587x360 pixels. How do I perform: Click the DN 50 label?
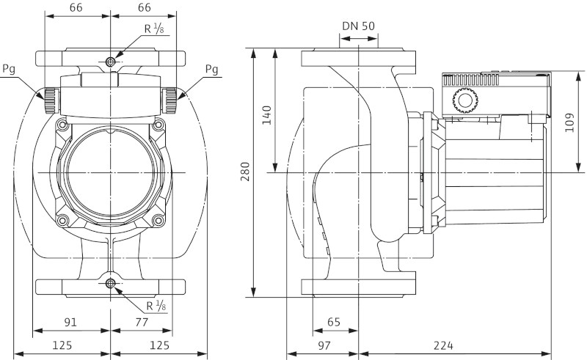point(358,26)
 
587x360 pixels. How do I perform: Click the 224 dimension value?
point(453,345)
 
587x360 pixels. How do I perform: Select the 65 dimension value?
point(334,321)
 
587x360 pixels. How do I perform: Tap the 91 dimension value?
point(70,321)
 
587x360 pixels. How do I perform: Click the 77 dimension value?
point(141,321)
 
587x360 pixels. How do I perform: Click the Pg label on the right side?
point(211,69)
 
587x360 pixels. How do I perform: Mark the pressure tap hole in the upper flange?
point(110,61)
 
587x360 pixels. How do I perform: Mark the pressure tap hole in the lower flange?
point(110,284)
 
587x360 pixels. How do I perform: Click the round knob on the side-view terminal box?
point(464,100)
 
